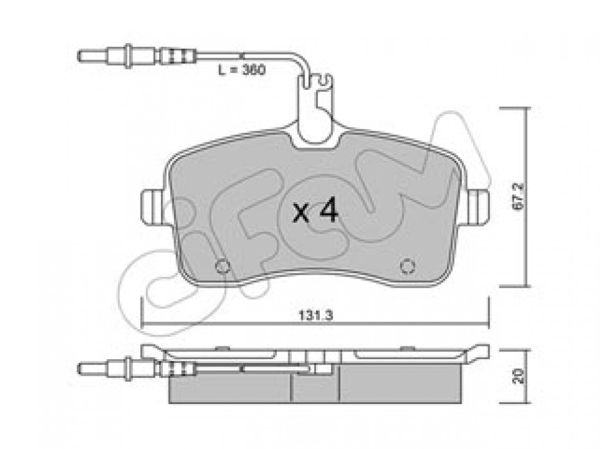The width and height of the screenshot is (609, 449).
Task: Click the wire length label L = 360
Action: [x=242, y=71]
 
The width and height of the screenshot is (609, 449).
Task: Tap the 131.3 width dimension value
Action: [x=316, y=316]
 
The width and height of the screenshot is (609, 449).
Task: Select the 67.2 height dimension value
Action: [x=518, y=197]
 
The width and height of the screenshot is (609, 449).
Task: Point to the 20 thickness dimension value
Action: [x=518, y=377]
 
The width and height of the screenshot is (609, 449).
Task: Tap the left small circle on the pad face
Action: [x=222, y=266]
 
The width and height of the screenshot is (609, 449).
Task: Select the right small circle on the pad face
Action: [x=408, y=266]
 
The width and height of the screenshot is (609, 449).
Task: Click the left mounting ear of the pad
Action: [x=154, y=207]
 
